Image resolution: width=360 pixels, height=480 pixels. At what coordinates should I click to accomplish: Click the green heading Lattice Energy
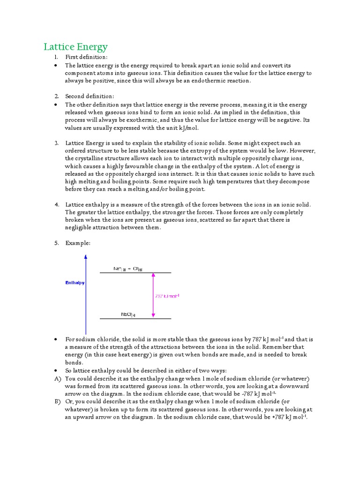point(75,47)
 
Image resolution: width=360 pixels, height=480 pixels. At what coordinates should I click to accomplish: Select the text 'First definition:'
point(86,57)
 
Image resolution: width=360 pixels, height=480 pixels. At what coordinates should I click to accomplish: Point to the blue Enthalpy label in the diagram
point(75,283)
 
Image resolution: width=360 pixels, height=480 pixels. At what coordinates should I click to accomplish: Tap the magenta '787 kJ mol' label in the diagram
point(167,296)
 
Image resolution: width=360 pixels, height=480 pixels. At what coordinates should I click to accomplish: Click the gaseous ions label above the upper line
point(128,269)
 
